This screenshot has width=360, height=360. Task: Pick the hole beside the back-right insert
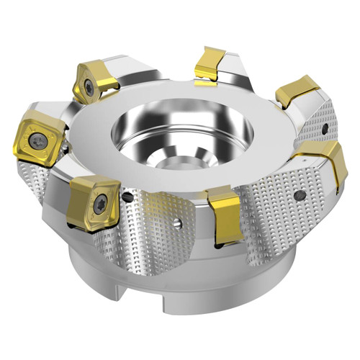coord(326,130)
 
